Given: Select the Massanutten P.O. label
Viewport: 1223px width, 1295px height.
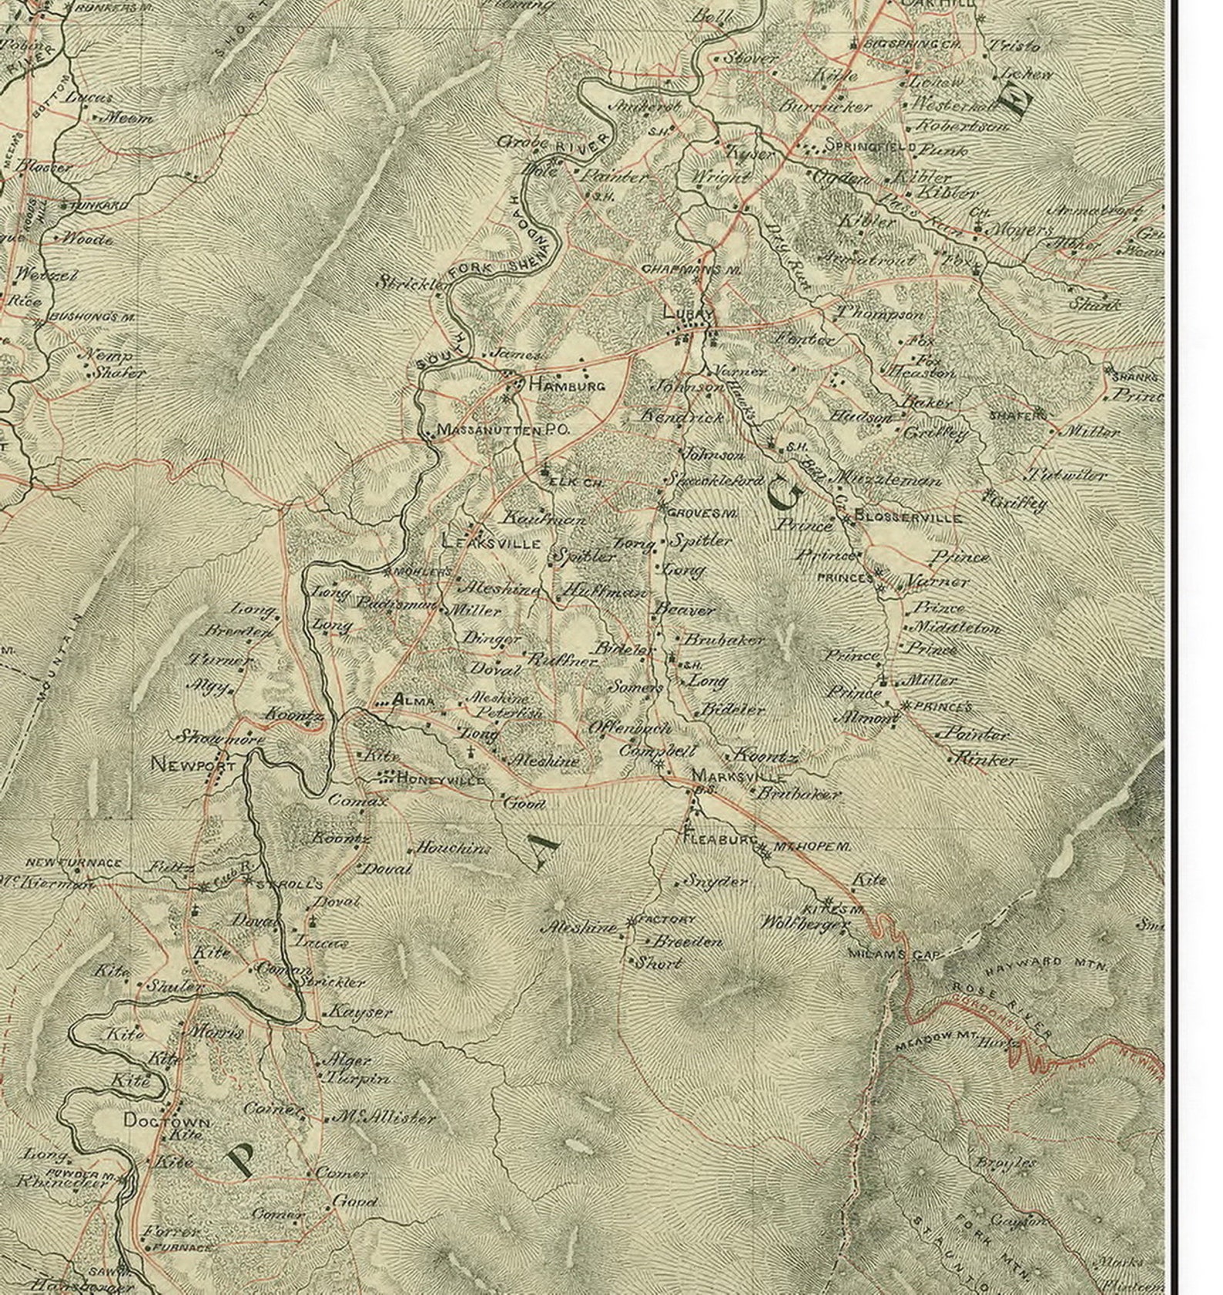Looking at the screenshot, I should tap(503, 430).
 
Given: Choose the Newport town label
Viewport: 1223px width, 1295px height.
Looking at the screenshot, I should tap(193, 765).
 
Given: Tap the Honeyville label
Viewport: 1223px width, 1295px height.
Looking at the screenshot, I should tap(440, 780).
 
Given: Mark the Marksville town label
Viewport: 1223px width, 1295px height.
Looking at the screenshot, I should tap(739, 775).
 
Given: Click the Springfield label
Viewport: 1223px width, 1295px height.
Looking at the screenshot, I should tap(870, 146).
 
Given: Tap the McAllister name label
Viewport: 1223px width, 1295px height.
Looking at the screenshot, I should tap(384, 1118).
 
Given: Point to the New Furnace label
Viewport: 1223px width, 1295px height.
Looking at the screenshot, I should tap(73, 863).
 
